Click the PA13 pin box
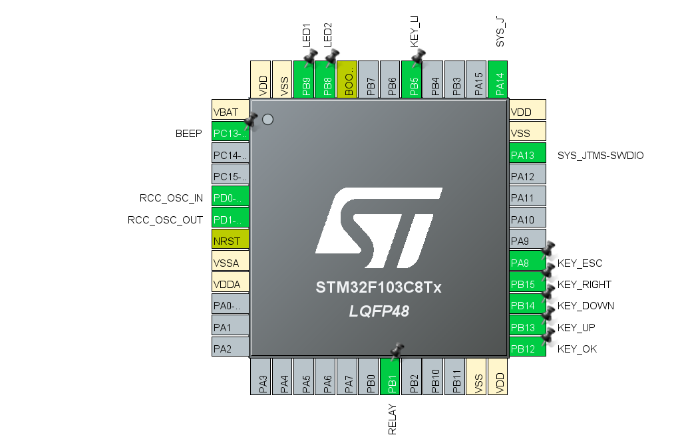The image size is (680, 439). [527, 155]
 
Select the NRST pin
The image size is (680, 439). [230, 241]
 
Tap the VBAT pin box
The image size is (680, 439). [230, 112]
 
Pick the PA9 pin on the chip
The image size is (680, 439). [527, 241]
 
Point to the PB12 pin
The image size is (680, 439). [527, 349]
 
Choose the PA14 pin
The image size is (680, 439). [498, 80]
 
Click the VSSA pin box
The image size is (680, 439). [230, 263]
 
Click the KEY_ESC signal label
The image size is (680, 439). [580, 263]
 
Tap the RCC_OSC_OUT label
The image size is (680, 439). [165, 219]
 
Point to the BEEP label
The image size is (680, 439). [189, 134]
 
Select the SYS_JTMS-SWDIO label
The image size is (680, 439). [600, 156]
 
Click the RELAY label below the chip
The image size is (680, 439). [393, 419]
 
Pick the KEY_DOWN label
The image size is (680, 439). [586, 306]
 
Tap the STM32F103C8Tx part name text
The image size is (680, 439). [379, 289]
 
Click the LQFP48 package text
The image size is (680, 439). [379, 311]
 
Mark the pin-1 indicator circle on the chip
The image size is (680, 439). [267, 120]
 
